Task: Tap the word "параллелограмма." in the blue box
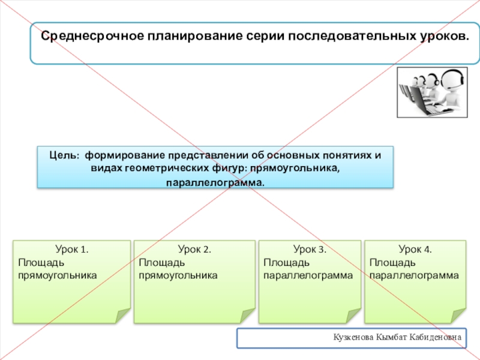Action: [215, 181]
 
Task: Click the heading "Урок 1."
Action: [72, 249]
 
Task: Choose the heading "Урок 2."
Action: [194, 249]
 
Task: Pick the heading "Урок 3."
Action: [310, 249]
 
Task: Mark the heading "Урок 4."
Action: [415, 249]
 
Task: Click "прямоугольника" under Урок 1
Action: [58, 275]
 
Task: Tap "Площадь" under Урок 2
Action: [161, 262]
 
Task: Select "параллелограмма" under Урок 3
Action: [308, 275]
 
